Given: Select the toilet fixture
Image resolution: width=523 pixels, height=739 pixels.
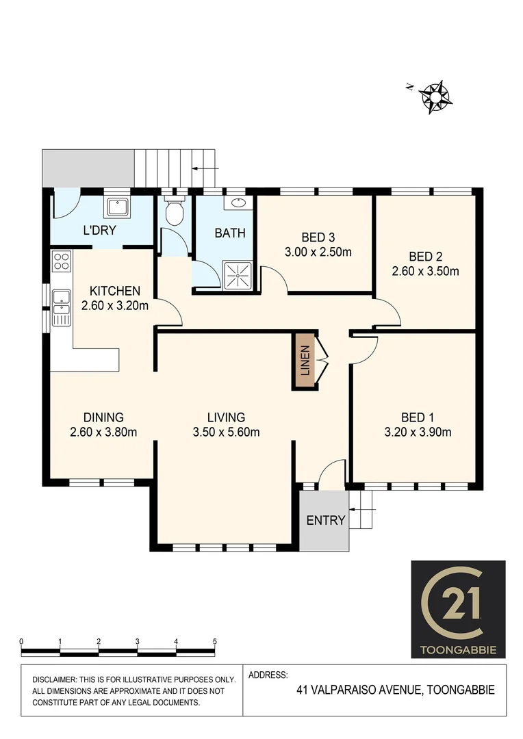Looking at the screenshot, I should (176, 213).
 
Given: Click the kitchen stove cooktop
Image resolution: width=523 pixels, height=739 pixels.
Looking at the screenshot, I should (61, 261).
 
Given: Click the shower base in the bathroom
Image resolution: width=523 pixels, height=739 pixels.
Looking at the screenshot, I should (237, 274).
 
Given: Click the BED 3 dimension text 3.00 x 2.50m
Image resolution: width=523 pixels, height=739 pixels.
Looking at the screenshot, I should (318, 252).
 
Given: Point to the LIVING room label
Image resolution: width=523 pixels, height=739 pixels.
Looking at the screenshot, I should (226, 417).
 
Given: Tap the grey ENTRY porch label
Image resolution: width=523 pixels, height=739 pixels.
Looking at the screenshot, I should (325, 520).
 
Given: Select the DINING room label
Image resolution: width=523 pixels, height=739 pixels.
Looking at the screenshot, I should (103, 417).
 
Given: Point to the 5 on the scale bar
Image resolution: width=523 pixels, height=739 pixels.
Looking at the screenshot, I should (215, 641).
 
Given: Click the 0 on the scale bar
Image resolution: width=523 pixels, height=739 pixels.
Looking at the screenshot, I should (22, 641).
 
